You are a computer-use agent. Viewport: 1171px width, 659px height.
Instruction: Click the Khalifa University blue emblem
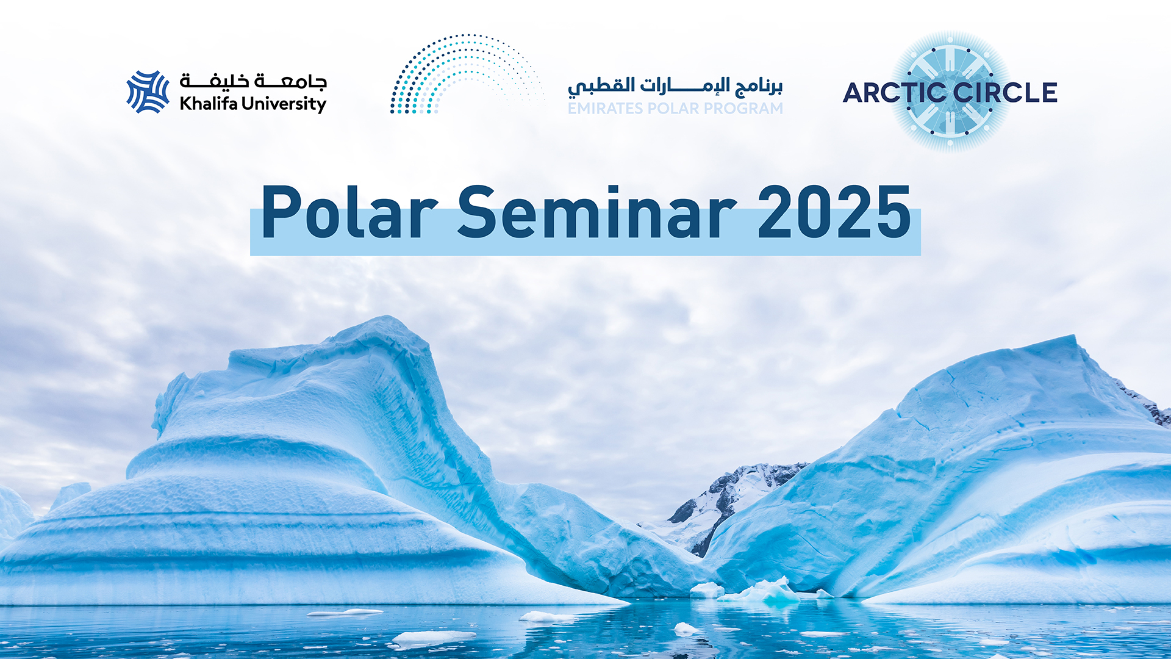[x=148, y=92]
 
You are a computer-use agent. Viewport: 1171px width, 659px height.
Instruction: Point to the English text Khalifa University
[x=253, y=104]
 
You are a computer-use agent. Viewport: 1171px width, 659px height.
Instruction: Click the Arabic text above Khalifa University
[x=253, y=81]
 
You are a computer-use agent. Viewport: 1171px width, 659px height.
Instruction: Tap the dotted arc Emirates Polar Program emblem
[x=467, y=74]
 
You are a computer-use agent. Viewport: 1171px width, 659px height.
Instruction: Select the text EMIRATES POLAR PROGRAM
[x=675, y=109]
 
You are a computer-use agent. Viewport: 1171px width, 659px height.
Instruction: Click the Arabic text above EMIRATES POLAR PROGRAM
[x=675, y=86]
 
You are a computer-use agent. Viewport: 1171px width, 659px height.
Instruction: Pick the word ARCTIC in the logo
[x=894, y=93]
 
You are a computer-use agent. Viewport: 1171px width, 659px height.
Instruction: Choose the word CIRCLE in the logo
[x=1004, y=93]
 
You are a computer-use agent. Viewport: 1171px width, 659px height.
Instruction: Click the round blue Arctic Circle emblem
[x=950, y=92]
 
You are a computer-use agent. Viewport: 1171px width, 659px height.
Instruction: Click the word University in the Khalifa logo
[x=284, y=104]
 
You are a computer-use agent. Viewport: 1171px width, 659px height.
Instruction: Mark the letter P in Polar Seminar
[x=281, y=212]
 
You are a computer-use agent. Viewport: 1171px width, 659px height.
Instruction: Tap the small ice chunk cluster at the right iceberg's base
[x=762, y=590]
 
